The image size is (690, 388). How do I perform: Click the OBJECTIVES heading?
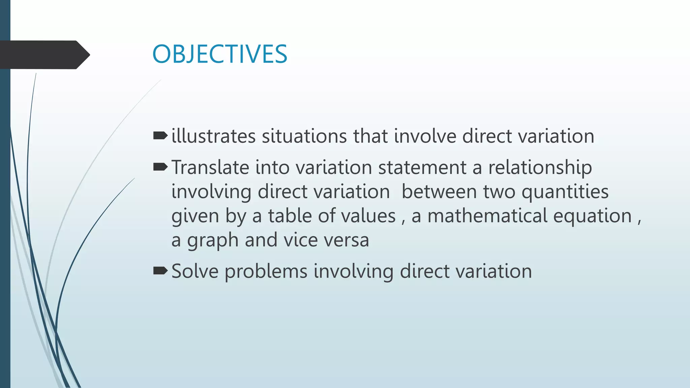tap(220, 54)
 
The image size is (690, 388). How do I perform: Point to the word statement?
tap(422, 167)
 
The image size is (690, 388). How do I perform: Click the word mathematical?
tap(487, 216)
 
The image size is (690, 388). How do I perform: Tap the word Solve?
tap(195, 271)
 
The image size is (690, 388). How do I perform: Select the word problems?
tap(266, 272)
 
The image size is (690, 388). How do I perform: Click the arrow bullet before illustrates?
tap(160, 136)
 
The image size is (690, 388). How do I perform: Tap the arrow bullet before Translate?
tap(160, 167)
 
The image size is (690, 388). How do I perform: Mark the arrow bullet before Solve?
tap(160, 270)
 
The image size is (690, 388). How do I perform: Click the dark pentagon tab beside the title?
tap(44, 55)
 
